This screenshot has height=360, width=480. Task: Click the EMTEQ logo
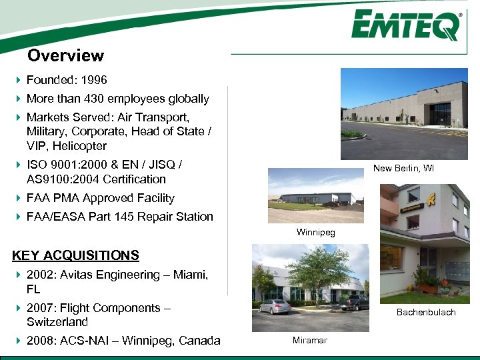pyautogui.click(x=406, y=26)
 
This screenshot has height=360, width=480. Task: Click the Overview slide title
pyautogui.click(x=65, y=56)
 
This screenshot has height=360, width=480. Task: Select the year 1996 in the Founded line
pyautogui.click(x=93, y=80)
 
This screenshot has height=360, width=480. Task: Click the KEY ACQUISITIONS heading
pyautogui.click(x=75, y=255)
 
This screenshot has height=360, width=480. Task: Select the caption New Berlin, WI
pyautogui.click(x=403, y=168)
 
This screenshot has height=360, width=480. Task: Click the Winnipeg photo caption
pyautogui.click(x=316, y=232)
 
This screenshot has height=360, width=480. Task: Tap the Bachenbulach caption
pyautogui.click(x=426, y=312)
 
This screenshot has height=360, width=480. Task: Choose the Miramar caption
pyautogui.click(x=310, y=340)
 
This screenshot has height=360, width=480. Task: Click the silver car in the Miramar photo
pyautogui.click(x=275, y=307)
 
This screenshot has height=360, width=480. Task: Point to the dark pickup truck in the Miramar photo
pyautogui.click(x=353, y=303)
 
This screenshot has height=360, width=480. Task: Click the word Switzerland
pyautogui.click(x=57, y=322)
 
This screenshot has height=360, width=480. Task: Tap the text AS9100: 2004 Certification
pyautogui.click(x=96, y=179)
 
